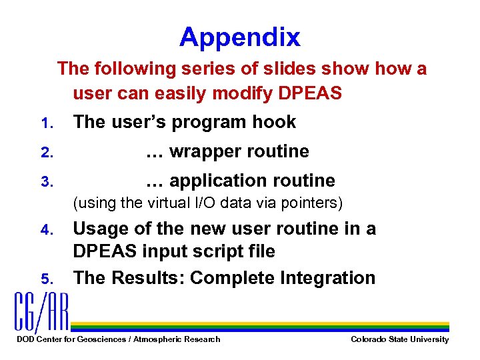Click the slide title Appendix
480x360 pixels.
pyautogui.click(x=239, y=38)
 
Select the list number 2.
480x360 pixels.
pyautogui.click(x=45, y=153)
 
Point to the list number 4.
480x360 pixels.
pyautogui.click(x=45, y=231)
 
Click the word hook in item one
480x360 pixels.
pyautogui.click(x=273, y=122)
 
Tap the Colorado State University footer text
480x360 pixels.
pyautogui.click(x=399, y=340)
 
